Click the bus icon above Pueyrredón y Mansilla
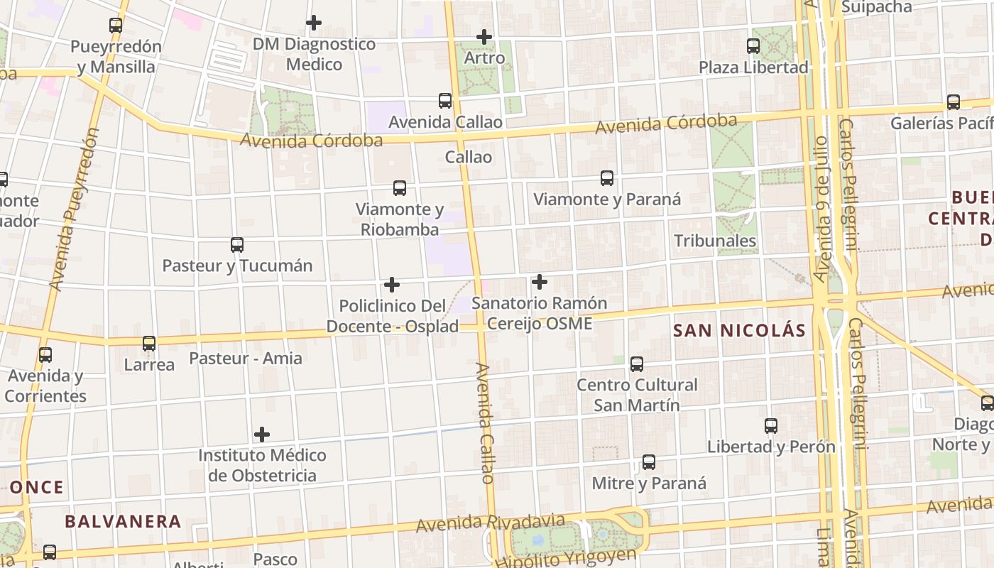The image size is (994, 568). tap(116, 26)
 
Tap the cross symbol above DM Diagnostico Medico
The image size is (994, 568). tap(314, 23)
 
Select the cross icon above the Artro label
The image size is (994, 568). tap(484, 36)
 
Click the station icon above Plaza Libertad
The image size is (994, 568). tap(753, 46)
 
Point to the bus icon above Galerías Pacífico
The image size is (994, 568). tap(954, 102)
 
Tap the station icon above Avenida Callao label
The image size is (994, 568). tap(445, 101)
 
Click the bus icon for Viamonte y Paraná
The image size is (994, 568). tap(607, 178)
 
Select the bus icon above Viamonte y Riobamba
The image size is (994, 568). tap(400, 188)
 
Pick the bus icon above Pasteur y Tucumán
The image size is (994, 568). tap(237, 245)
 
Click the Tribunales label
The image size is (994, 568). tap(715, 241)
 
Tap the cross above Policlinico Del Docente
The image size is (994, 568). tap(392, 285)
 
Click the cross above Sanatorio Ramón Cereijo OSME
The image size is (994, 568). tap(540, 282)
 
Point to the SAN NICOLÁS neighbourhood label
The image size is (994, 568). tap(739, 331)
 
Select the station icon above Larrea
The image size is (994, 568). tap(149, 344)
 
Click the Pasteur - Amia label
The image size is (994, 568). tap(246, 358)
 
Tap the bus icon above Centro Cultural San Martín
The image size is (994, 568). tap(637, 364)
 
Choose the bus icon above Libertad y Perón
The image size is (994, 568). tap(771, 426)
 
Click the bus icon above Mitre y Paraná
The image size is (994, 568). tap(649, 462)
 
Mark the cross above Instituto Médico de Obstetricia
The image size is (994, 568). tap(262, 434)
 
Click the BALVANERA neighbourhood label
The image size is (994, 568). tap(123, 521)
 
